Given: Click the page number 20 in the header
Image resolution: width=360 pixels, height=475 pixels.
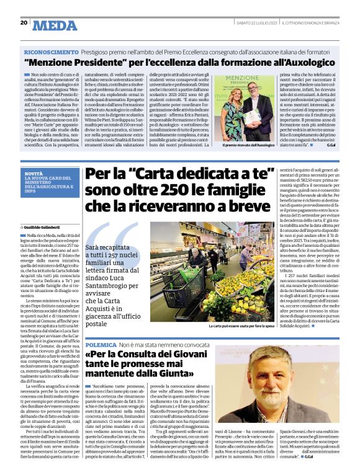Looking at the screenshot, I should [x=24, y=23].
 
